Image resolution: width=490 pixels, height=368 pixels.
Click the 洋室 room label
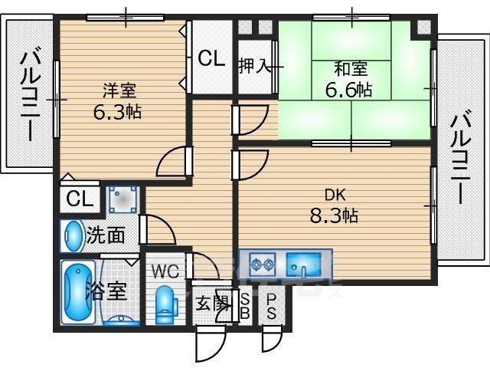tap(119, 90)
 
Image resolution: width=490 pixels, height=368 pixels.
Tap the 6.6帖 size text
tap(349, 90)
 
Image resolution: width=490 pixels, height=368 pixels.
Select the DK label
tap(335, 195)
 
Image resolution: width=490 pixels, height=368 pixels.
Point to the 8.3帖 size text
tap(334, 215)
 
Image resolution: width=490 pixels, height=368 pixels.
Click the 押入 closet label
tap(254, 66)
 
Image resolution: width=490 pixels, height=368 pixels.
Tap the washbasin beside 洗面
tap(73, 236)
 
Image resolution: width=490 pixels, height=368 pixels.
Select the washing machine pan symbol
tap(122, 199)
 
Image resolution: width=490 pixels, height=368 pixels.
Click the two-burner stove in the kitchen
tap(263, 264)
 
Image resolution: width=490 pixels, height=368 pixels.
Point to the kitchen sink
tap(304, 265)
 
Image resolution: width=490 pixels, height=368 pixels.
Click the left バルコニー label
tap(30, 97)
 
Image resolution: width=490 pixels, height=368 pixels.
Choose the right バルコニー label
tap(460, 159)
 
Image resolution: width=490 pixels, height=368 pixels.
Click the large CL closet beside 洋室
tap(211, 58)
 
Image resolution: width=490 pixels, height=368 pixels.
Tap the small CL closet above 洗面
tap(80, 199)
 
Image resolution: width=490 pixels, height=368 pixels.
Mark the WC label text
tap(165, 271)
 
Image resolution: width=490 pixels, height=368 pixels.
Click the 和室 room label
tap(351, 69)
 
